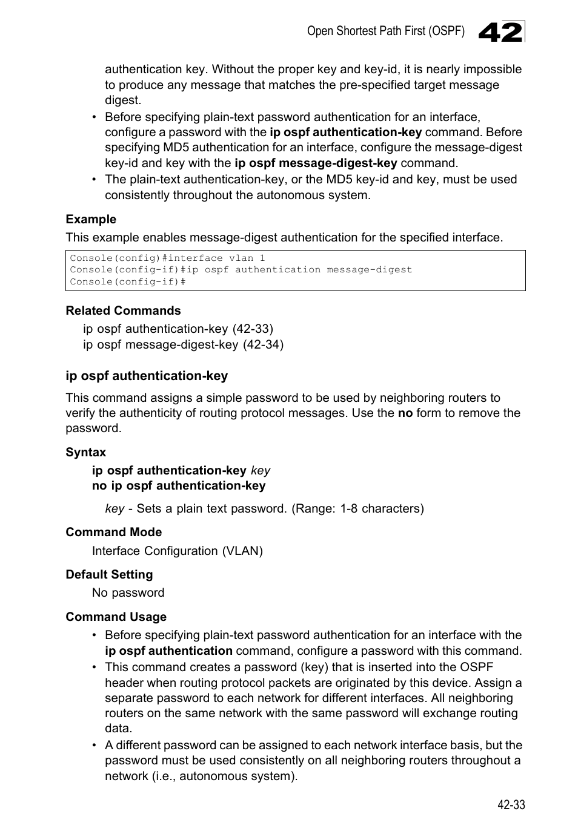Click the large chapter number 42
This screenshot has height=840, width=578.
pyautogui.click(x=500, y=32)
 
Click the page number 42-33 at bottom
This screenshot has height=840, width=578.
pyautogui.click(x=511, y=804)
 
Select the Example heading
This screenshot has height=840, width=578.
pyautogui.click(x=91, y=220)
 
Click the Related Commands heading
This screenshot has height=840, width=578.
pyautogui.click(x=123, y=310)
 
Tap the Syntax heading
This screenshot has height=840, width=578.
pyautogui.click(x=85, y=452)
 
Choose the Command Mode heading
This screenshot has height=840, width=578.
pyautogui.click(x=113, y=532)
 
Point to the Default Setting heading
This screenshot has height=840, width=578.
pyautogui.click(x=109, y=574)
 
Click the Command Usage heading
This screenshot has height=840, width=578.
pyautogui.click(x=116, y=617)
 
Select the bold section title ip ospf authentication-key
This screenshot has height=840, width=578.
pyautogui.click(x=147, y=376)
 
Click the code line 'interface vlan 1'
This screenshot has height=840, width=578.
pyautogui.click(x=167, y=258)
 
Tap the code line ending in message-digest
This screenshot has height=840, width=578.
pyautogui.click(x=241, y=270)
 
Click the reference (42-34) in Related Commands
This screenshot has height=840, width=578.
pyautogui.click(x=263, y=344)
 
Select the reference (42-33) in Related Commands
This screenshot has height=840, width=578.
pyautogui.click(x=253, y=329)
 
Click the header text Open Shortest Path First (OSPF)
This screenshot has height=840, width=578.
pyautogui.click(x=385, y=31)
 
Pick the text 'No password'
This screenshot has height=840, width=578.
pyautogui.click(x=128, y=592)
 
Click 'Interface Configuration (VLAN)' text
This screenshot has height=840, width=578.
pyautogui.click(x=177, y=551)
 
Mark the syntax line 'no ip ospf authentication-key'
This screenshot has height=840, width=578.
pyautogui.click(x=178, y=485)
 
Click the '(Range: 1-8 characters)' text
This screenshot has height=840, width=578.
pyautogui.click(x=357, y=508)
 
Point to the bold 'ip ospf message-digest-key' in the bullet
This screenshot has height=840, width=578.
pyautogui.click(x=316, y=163)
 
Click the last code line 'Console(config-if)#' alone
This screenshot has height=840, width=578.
pyautogui.click(x=127, y=282)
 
